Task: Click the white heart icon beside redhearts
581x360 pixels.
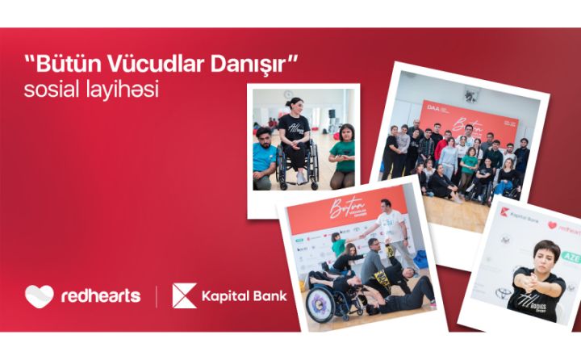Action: [39, 296]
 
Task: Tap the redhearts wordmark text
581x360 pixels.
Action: [100, 296]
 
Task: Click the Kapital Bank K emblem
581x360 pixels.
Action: [184, 295]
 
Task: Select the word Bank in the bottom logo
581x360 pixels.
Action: [268, 296]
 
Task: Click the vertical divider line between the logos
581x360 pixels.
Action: [157, 296]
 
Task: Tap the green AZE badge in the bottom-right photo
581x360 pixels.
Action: [571, 258]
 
